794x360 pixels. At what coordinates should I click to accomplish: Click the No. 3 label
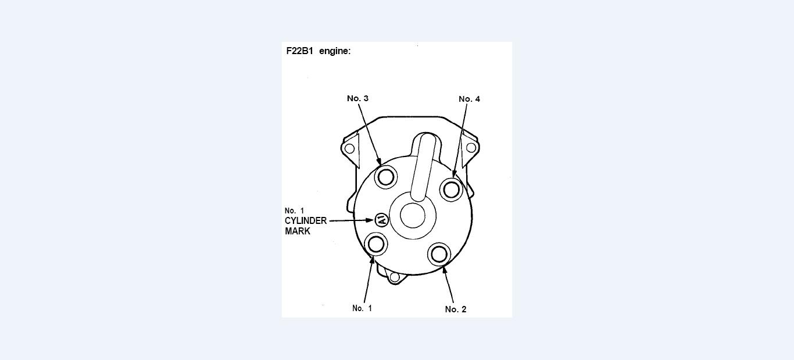pyautogui.click(x=357, y=98)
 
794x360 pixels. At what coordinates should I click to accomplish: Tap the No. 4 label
pyautogui.click(x=469, y=99)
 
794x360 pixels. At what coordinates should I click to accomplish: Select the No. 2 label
pyautogui.click(x=455, y=309)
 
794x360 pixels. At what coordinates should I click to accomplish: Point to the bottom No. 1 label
pyautogui.click(x=362, y=308)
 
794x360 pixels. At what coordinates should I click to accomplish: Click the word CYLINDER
pyautogui.click(x=305, y=221)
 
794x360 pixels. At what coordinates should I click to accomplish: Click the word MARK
pyautogui.click(x=297, y=231)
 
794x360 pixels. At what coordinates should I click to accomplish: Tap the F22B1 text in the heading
pyautogui.click(x=299, y=51)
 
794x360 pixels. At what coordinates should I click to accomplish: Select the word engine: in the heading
pyautogui.click(x=335, y=51)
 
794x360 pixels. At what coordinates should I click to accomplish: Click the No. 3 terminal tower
pyautogui.click(x=386, y=176)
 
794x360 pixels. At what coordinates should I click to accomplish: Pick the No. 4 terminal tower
pyautogui.click(x=452, y=189)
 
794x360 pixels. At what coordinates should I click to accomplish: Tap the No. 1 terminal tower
pyautogui.click(x=376, y=244)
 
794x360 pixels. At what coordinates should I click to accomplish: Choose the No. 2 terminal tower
pyautogui.click(x=439, y=254)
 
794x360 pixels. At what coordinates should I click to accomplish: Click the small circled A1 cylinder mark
pyautogui.click(x=381, y=220)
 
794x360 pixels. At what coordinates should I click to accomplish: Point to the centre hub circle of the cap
pyautogui.click(x=413, y=215)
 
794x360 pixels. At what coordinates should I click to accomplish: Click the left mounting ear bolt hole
pyautogui.click(x=349, y=148)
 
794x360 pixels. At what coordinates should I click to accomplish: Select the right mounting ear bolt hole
pyautogui.click(x=471, y=148)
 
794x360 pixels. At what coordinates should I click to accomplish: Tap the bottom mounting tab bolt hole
pyautogui.click(x=395, y=277)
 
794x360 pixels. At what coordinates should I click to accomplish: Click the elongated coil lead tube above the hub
pyautogui.click(x=424, y=166)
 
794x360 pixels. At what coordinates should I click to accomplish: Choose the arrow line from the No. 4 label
pyautogui.click(x=460, y=140)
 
